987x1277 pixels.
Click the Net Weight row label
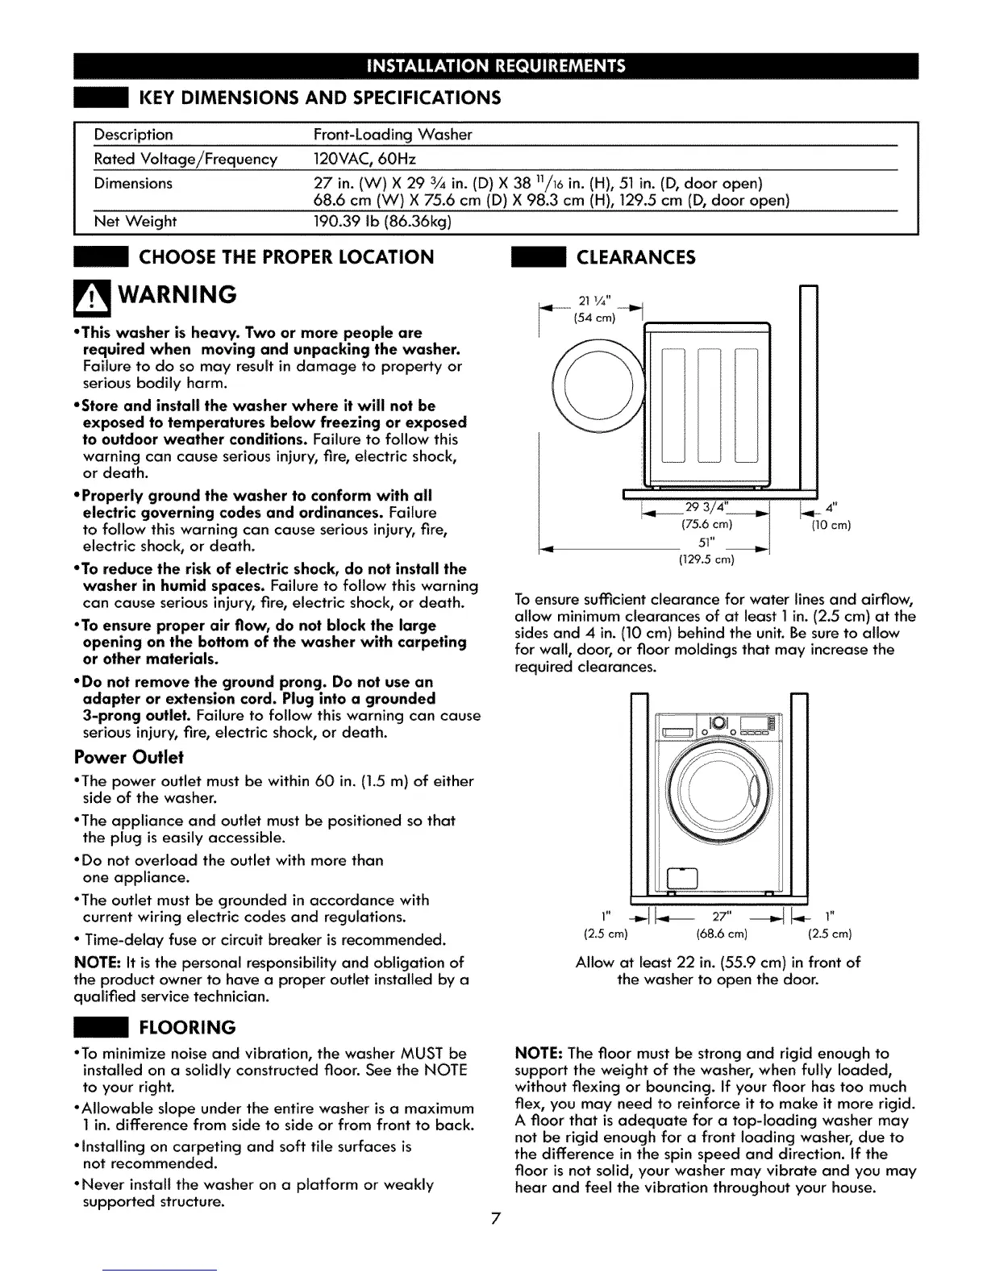coord(135,221)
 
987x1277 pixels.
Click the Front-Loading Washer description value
coord(392,135)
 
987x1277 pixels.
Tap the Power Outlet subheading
coord(129,758)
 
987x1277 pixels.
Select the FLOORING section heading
coord(187,1027)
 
